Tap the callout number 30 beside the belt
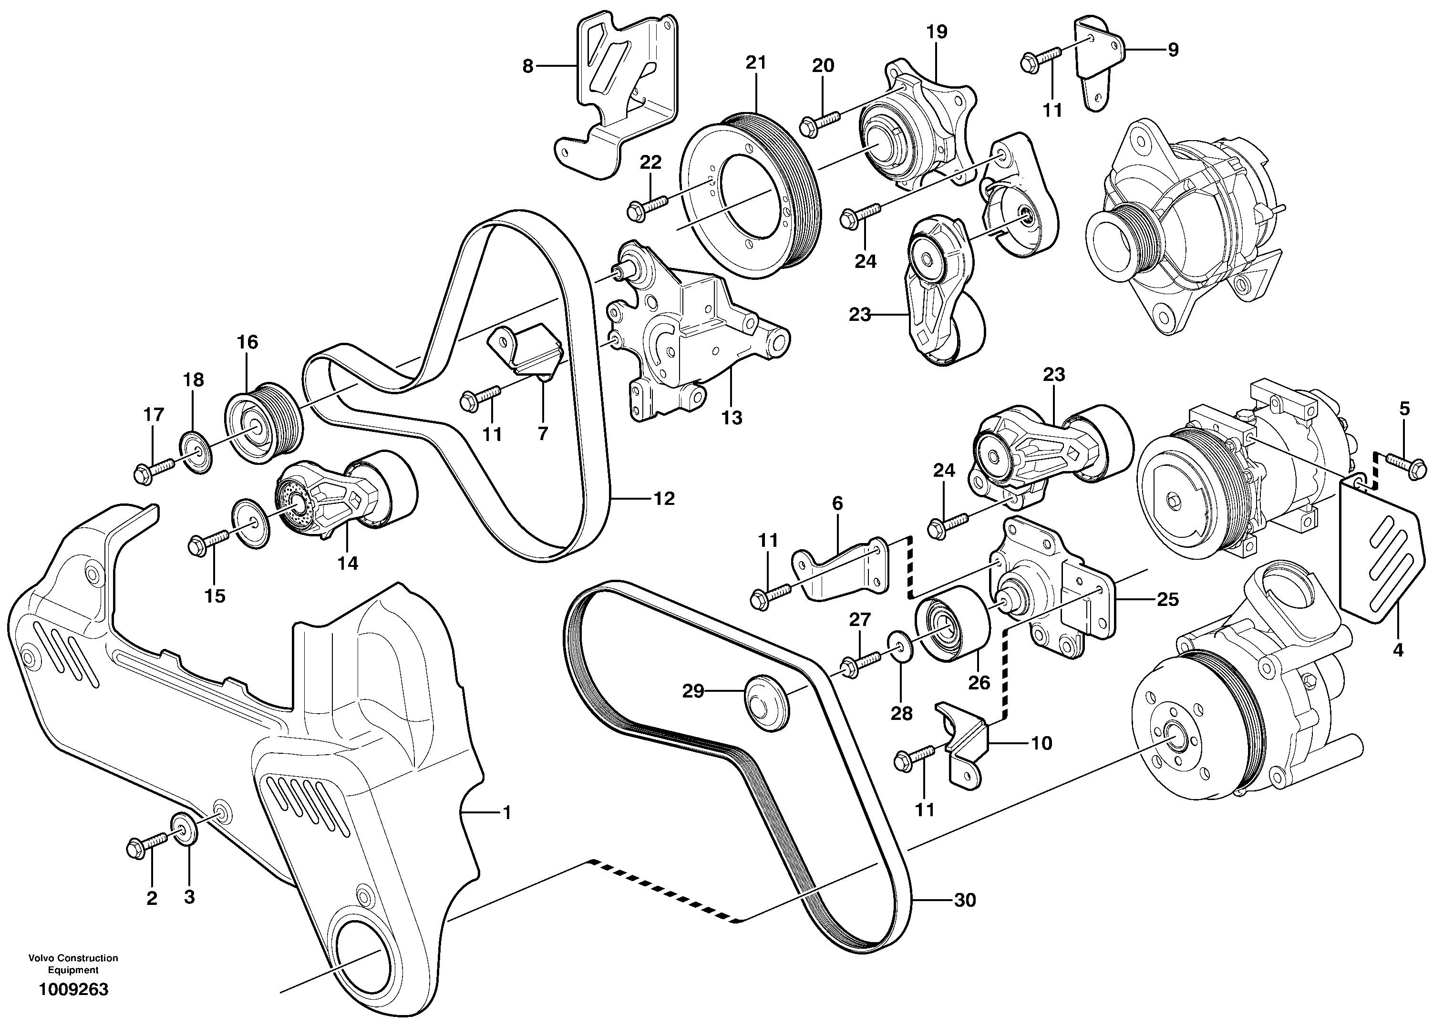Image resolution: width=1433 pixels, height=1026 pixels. click(965, 900)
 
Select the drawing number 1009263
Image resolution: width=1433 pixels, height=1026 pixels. click(73, 990)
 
